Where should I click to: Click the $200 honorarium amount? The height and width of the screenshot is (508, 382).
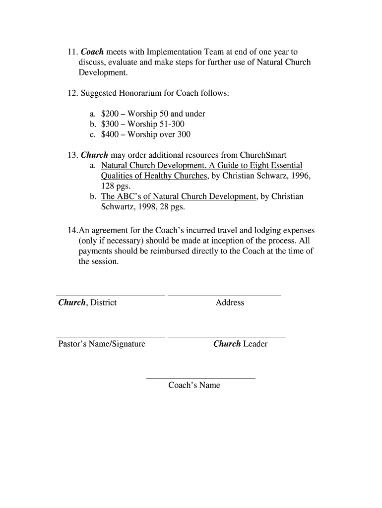click(110, 114)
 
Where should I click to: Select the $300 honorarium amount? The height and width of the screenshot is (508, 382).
click(110, 124)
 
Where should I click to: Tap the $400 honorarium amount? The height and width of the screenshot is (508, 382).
click(110, 134)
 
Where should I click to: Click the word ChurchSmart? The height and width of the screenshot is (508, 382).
click(263, 155)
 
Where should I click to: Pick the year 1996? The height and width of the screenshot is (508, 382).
click(301, 176)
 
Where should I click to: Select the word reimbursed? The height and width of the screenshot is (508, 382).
click(158, 251)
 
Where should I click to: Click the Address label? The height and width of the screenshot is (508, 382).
click(230, 303)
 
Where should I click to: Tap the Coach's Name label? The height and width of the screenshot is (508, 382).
click(194, 385)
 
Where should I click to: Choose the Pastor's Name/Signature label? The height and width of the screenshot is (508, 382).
click(102, 344)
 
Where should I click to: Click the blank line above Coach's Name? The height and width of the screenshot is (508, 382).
click(200, 379)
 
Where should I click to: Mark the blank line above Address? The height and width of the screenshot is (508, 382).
click(224, 296)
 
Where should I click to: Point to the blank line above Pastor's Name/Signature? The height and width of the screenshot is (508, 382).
click(111, 337)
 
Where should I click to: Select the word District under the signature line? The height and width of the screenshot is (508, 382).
click(104, 303)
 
